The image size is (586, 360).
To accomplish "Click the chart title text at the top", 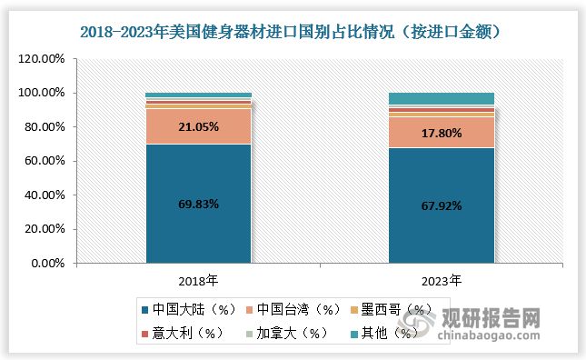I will coord(293,31).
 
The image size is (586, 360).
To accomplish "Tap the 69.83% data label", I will coord(199,204).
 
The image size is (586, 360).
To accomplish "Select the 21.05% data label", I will coord(199,127).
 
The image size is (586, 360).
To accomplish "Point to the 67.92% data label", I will coord(442,205).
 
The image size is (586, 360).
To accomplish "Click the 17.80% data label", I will coord(442,134).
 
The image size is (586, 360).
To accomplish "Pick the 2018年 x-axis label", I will coord(199,278).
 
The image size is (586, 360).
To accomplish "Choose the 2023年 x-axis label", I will coord(442,278).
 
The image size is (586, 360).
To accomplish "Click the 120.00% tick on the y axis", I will coord(41,59).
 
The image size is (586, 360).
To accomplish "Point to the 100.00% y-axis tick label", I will coord(41,93).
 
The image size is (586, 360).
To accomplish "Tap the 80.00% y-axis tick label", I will coord(44,127).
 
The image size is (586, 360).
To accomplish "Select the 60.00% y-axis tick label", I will coord(44,161).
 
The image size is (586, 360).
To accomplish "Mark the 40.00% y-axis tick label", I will coord(44,195).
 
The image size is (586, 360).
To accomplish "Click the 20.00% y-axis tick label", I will coord(44,229).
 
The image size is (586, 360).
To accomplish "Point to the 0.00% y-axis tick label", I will coord(46,264).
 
